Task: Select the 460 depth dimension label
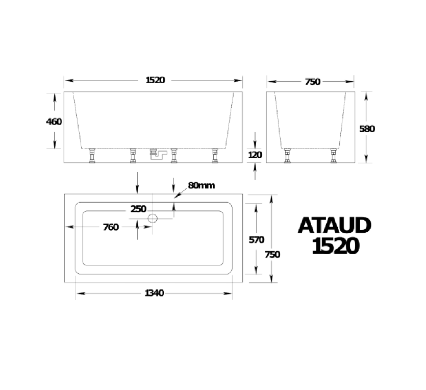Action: pyautogui.click(x=54, y=121)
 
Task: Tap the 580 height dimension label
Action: pyautogui.click(x=367, y=129)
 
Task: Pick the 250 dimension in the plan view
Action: pyautogui.click(x=138, y=209)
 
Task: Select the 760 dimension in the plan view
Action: pyautogui.click(x=111, y=227)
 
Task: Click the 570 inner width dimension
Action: pyautogui.click(x=256, y=239)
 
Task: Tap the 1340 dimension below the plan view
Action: pyautogui.click(x=154, y=292)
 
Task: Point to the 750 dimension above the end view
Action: pyautogui.click(x=312, y=82)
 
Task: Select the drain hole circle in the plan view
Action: pyautogui.click(x=153, y=219)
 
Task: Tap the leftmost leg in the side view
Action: pyautogui.click(x=92, y=156)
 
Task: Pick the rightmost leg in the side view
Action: pyautogui.click(x=215, y=156)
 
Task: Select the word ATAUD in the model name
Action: pyautogui.click(x=335, y=226)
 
